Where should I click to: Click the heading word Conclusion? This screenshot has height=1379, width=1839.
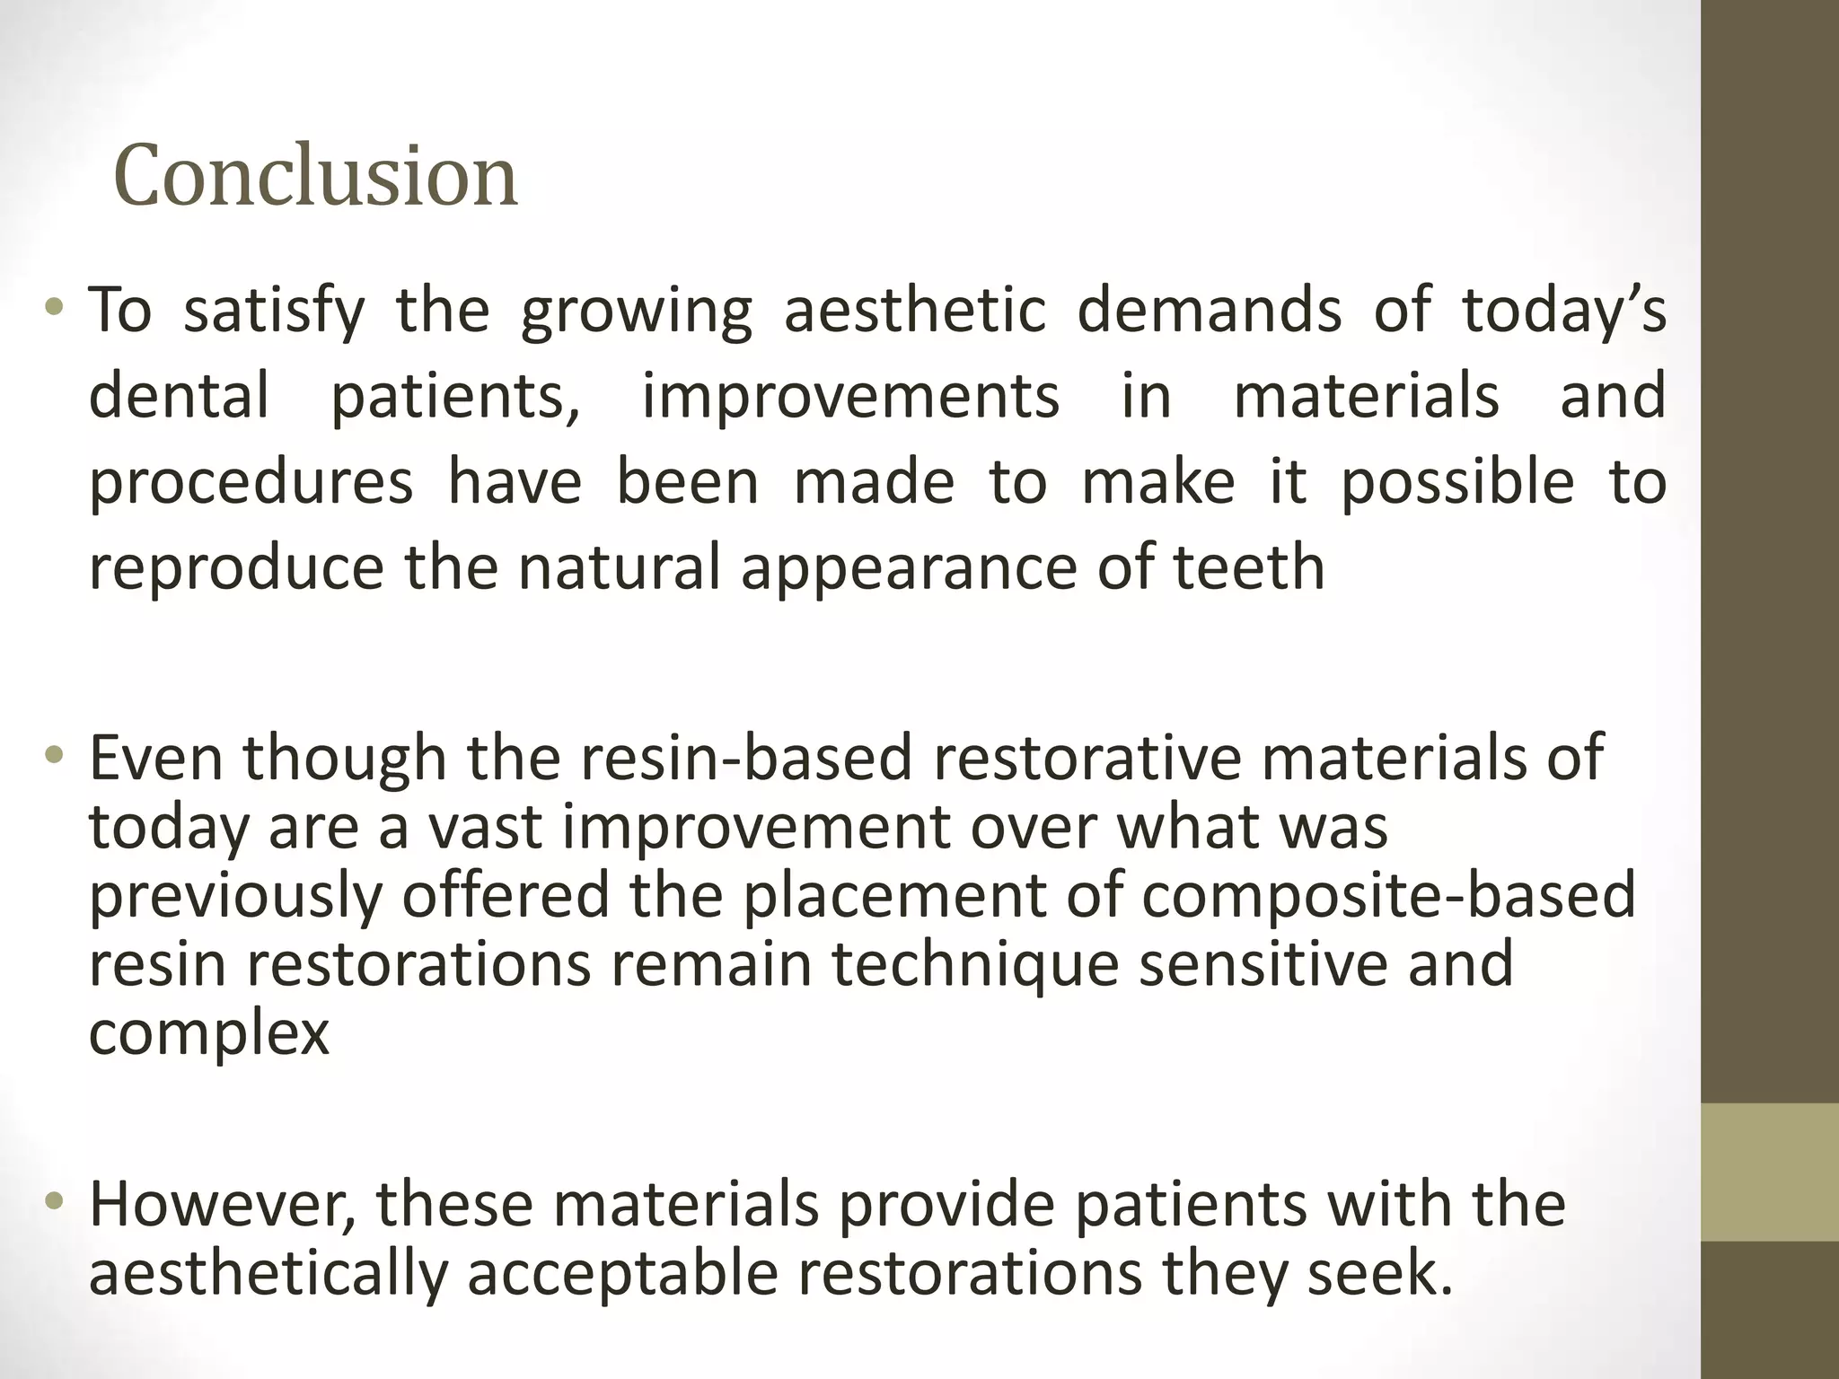coord(315,176)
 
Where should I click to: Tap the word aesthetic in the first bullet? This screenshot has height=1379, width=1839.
coord(915,310)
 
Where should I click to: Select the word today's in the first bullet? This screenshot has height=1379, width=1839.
coord(1563,310)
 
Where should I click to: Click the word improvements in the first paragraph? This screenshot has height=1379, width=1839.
coord(849,396)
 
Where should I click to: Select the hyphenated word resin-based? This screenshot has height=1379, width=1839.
coord(746,758)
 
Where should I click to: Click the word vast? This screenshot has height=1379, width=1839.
coord(484,827)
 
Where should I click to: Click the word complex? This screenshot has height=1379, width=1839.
coord(209,1032)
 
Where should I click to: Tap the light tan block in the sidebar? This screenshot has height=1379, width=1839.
coord(1769,1172)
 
